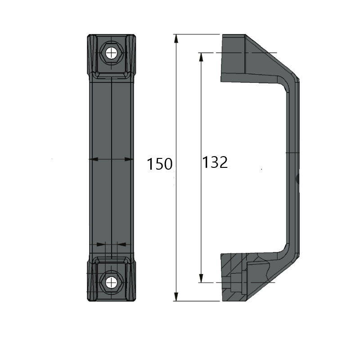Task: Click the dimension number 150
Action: click(x=159, y=164)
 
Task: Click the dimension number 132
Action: click(x=215, y=162)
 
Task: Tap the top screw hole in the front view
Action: click(x=111, y=53)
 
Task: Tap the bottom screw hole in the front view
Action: click(x=111, y=282)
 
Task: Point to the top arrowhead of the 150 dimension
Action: click(x=176, y=39)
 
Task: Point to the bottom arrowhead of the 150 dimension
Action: click(x=176, y=297)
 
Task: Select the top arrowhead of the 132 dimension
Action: click(x=201, y=57)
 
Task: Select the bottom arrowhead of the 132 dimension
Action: click(x=201, y=278)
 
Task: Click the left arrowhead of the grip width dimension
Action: click(x=93, y=159)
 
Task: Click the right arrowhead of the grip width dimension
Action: click(x=129, y=159)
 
